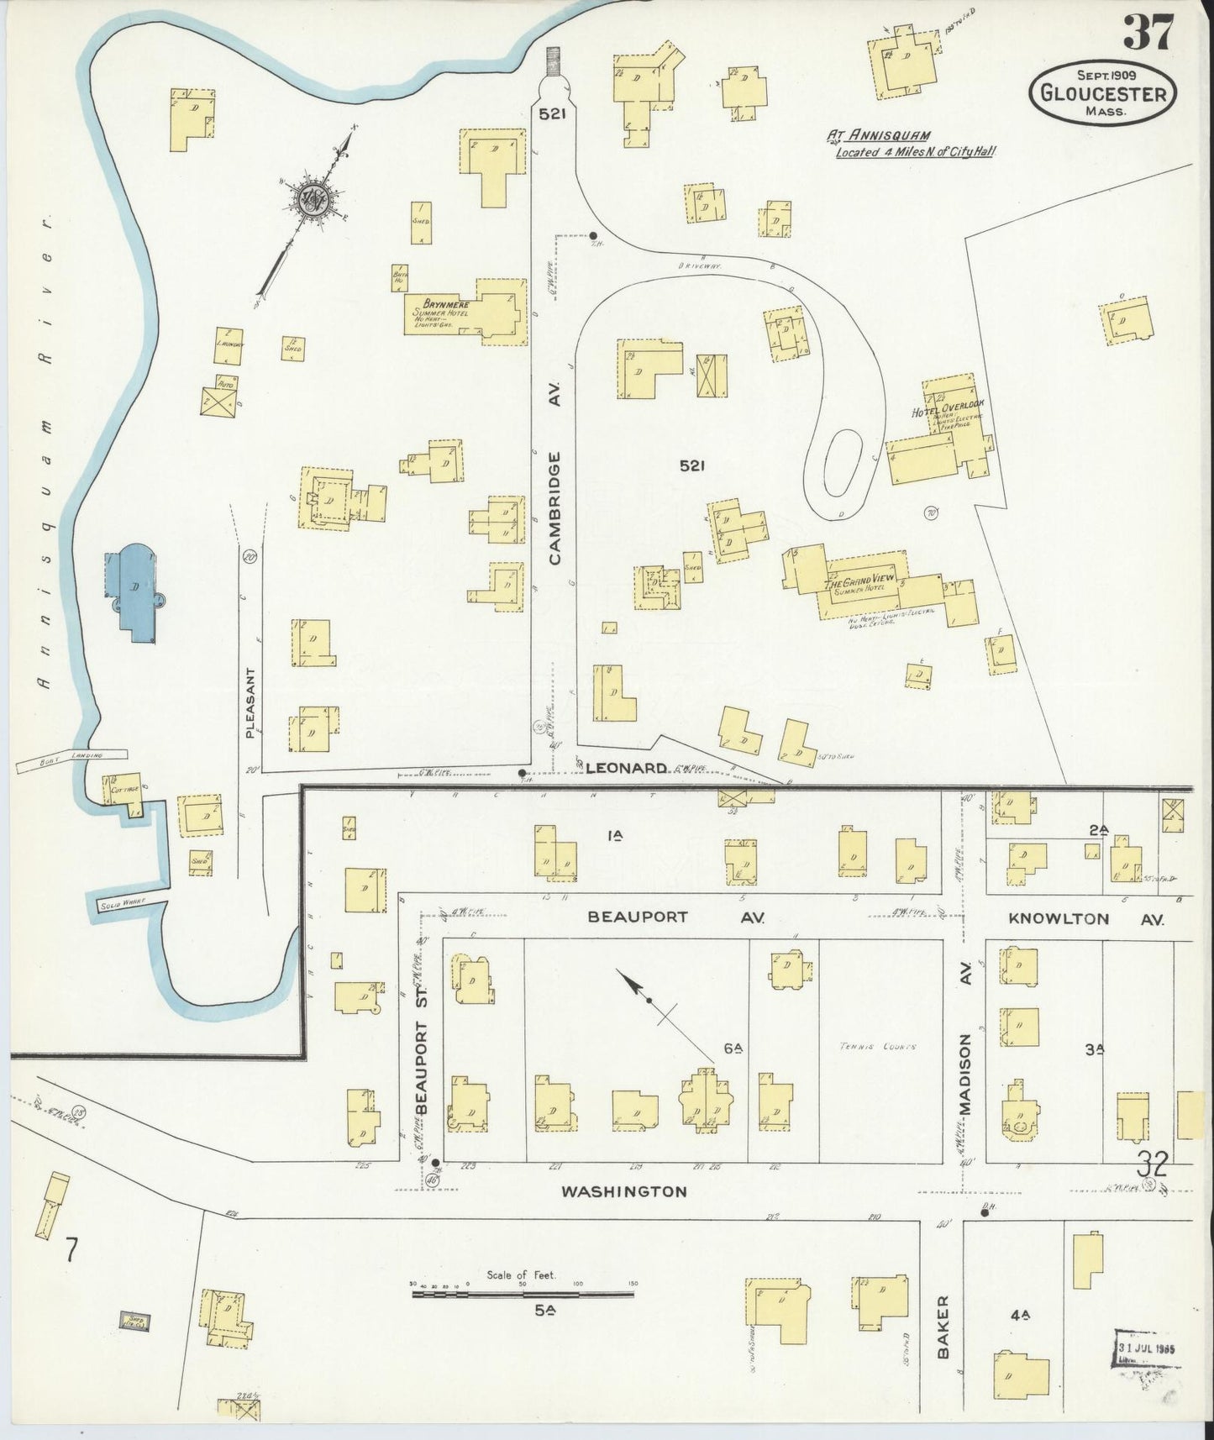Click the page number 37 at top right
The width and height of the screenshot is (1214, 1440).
point(1149,34)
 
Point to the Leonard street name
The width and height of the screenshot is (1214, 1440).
point(626,768)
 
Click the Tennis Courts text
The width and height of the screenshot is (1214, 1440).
point(876,1047)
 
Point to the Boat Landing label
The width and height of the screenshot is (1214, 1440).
point(71,759)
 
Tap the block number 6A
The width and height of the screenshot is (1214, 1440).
point(733,1048)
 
